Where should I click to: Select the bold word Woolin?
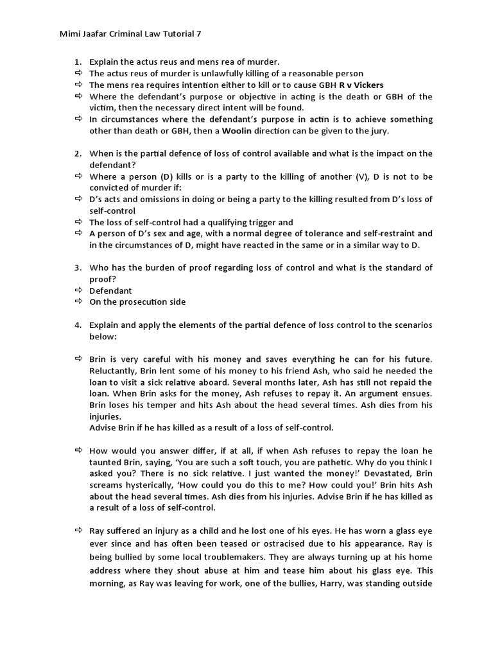241,131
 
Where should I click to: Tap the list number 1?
77,62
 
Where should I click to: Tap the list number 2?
77,153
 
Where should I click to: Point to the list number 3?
77,268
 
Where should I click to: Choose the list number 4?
77,325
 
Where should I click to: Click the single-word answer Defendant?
110,291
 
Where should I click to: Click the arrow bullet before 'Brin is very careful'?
78,360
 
